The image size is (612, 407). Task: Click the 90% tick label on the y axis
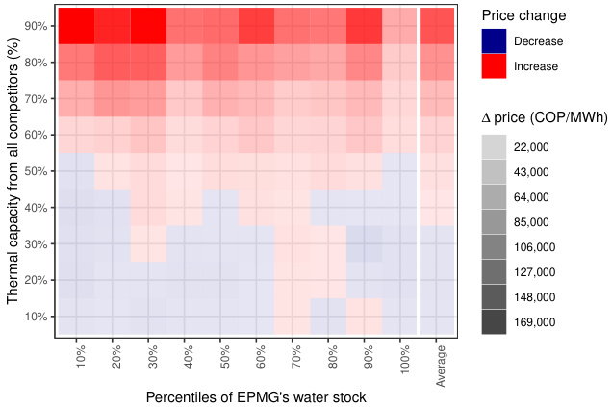tap(37, 26)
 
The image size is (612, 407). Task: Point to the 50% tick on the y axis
tap(37, 171)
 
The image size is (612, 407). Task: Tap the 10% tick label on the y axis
tap(37, 317)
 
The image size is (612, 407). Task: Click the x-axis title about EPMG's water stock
tap(256, 396)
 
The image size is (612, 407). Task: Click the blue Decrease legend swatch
tap(495, 41)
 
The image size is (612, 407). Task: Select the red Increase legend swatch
tap(495, 66)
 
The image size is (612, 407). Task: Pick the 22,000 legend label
tap(532, 147)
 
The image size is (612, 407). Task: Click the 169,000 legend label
tap(535, 322)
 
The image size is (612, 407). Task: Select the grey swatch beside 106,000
tap(495, 247)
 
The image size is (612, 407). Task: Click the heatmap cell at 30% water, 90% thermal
tap(148, 26)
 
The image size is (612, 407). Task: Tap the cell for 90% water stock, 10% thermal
tap(365, 317)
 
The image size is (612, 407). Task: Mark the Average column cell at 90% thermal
tap(438, 26)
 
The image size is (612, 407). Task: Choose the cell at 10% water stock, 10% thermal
tap(76, 317)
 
